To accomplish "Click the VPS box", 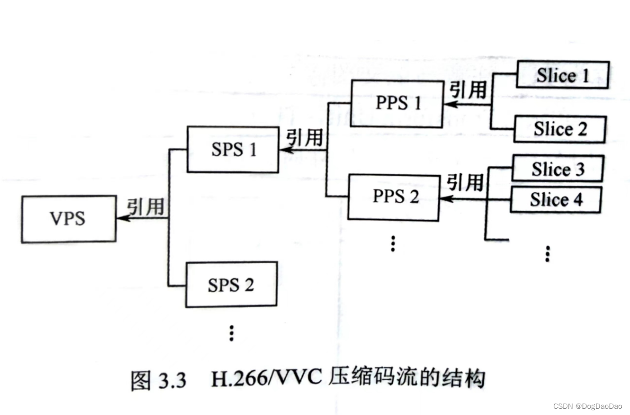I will coord(68,219).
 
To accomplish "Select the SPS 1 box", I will coord(233,150).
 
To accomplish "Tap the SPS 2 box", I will coord(231,284).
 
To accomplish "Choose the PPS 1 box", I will coord(397,103).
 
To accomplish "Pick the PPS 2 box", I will coord(394,197).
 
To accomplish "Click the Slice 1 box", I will coord(563,76).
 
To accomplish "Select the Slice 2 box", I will coord(560,129).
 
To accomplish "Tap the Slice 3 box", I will coord(557,169).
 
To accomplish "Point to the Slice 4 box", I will coord(556,199).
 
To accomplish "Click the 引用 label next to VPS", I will coord(146,206).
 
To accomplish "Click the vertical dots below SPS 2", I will coord(232,333).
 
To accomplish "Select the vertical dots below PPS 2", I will coord(393,243).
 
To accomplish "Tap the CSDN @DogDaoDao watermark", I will coord(587,406).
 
